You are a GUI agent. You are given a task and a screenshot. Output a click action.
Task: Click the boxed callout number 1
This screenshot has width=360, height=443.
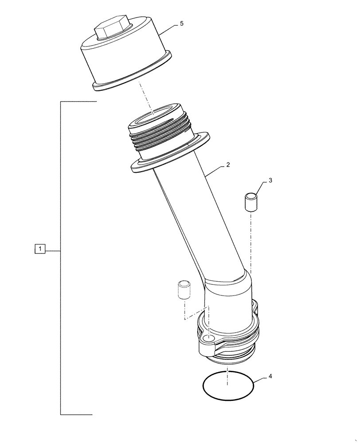[x=40, y=250]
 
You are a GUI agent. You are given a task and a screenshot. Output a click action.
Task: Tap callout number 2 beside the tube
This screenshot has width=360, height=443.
[x=227, y=165]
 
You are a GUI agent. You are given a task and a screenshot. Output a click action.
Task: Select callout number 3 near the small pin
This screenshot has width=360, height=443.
[x=271, y=181]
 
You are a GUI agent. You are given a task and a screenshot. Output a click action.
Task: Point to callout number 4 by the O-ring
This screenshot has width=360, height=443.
[x=270, y=377]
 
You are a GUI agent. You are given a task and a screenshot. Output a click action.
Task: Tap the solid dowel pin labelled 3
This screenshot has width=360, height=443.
[x=250, y=202]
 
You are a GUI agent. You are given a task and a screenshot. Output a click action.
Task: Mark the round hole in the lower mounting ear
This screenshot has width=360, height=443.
[x=208, y=339]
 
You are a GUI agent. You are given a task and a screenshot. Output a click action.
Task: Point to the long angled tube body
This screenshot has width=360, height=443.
[x=200, y=221]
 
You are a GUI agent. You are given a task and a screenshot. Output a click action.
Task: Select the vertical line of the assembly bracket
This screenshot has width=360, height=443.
[x=60, y=257]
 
